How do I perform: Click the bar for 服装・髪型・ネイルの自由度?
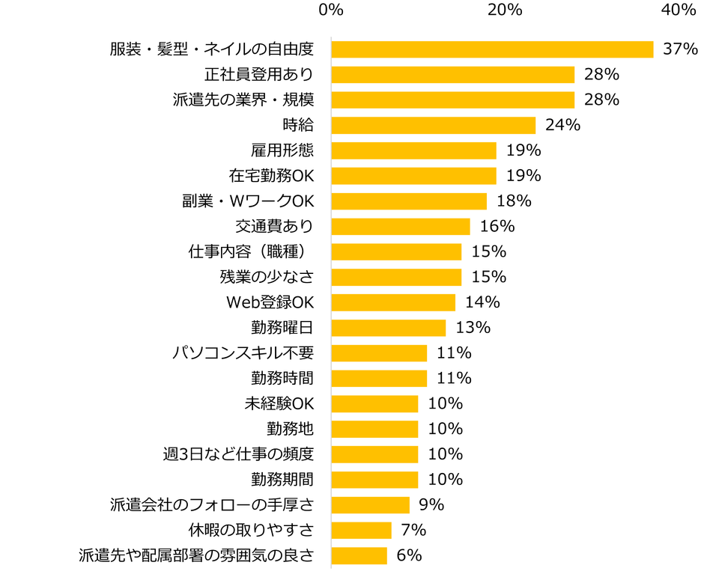(x=492, y=49)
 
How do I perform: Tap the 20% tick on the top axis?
(x=505, y=10)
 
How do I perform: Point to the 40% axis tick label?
(x=679, y=10)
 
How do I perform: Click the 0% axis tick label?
(x=330, y=10)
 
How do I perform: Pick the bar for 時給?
(x=433, y=125)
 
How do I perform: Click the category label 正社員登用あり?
(x=258, y=75)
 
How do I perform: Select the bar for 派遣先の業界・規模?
(x=452, y=100)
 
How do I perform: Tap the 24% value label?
(x=562, y=125)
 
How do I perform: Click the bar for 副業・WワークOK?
(x=409, y=201)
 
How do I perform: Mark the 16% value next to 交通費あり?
(x=497, y=226)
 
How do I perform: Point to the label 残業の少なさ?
(x=267, y=277)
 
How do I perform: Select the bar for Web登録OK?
(x=393, y=302)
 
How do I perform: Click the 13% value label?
(x=473, y=327)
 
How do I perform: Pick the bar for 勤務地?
(x=374, y=429)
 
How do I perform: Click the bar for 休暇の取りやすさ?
(x=361, y=530)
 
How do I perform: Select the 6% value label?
(x=409, y=555)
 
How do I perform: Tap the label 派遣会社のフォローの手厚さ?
(x=212, y=504)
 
